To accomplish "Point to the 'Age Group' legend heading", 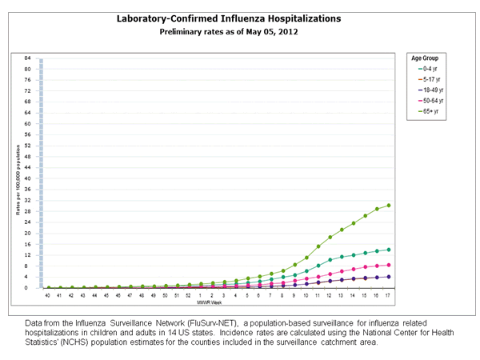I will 425,58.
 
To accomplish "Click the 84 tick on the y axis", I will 27,58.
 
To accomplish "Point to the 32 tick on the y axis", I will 27,200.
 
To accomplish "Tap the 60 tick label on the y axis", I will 27,124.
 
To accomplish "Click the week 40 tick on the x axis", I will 48,295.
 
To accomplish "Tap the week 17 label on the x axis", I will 388,295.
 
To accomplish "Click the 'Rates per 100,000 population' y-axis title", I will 18,180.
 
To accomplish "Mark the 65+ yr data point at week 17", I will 388,206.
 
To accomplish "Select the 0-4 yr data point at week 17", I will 388,250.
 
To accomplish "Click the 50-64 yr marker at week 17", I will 388,265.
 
